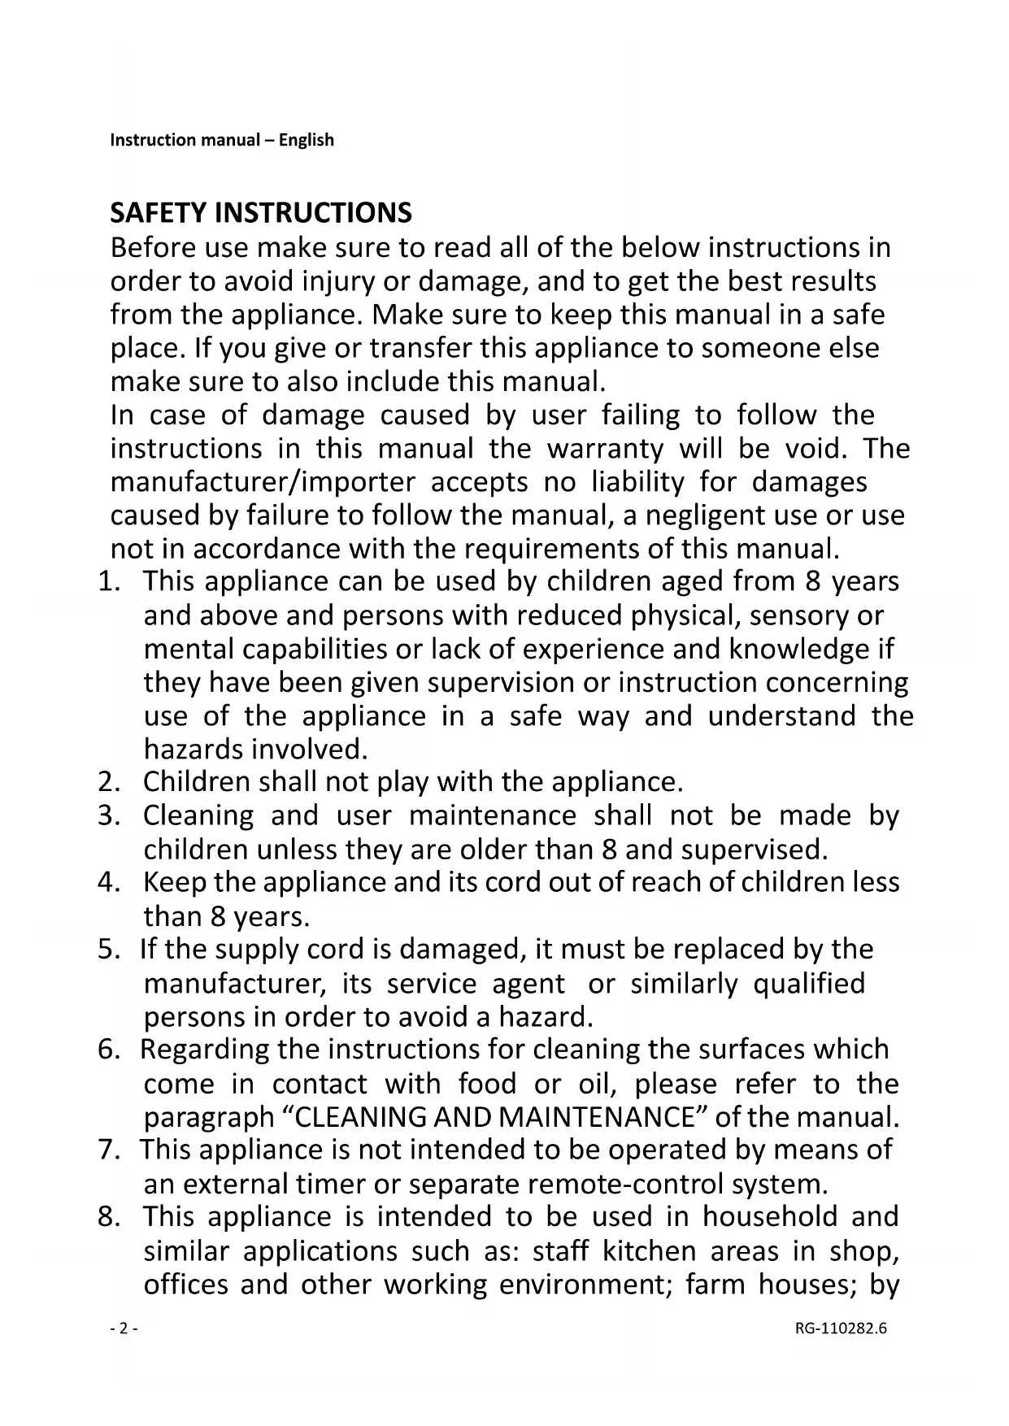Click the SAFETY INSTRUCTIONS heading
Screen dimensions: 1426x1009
coord(260,213)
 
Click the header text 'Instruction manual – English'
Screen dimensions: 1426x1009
coord(222,140)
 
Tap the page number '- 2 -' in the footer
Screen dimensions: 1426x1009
coord(123,1329)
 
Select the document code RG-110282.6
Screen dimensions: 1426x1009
coord(841,1329)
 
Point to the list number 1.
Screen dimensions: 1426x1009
coord(108,582)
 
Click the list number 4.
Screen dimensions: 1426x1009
coord(108,883)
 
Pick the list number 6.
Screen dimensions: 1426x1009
coord(108,1050)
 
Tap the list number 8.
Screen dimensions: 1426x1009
coord(108,1217)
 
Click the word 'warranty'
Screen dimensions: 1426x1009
coord(605,449)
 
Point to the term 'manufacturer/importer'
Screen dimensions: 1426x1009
coord(263,482)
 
